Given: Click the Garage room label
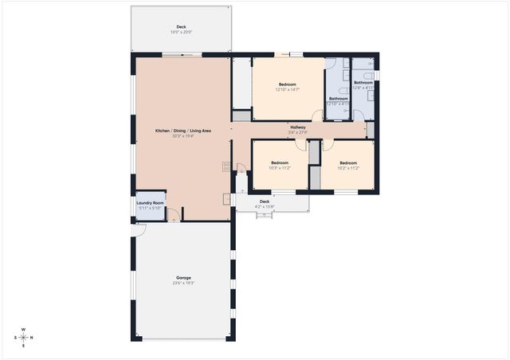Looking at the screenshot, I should point(182,277).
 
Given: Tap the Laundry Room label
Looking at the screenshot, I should point(150,202).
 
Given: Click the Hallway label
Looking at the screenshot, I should point(298,127).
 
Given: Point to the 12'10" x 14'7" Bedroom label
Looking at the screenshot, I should point(288,84).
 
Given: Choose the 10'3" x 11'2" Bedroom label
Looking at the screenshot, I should point(279,162).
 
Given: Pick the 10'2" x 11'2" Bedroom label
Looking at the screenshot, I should point(348,162).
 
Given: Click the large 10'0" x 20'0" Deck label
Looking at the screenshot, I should point(181,27).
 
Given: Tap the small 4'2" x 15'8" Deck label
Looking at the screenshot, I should point(265,202).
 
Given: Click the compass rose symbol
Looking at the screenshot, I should point(23,337).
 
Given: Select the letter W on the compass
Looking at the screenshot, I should point(23,328).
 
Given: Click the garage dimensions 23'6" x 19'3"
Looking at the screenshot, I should point(182,283).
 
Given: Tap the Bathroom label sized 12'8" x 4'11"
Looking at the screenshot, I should point(363,82).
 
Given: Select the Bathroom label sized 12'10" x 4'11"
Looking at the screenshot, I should point(338,99).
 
